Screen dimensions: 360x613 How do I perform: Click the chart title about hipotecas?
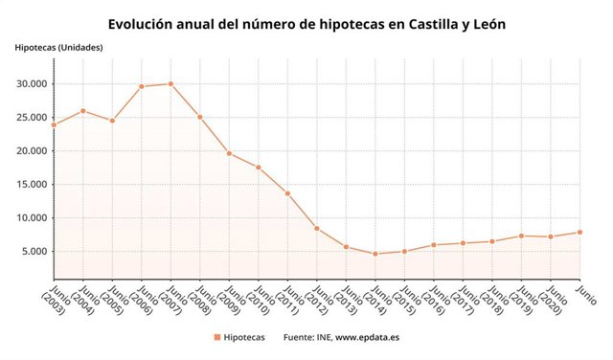tap(306, 23)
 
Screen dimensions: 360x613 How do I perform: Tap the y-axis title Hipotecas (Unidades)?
tap(58, 47)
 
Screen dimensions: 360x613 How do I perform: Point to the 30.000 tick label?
tap(31, 84)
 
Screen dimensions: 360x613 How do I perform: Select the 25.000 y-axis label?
tap(31, 118)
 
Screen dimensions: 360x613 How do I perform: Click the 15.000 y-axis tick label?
tap(31, 185)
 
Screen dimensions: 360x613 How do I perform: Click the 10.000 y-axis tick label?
tap(31, 218)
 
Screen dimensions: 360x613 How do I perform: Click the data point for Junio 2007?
tap(170, 83)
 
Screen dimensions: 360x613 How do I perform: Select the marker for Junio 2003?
tap(54, 124)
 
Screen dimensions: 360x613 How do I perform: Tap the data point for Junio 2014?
tap(375, 254)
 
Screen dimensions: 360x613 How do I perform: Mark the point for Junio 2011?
tap(287, 193)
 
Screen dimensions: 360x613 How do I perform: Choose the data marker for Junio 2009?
tap(229, 153)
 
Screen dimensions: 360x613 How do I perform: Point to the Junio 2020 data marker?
tap(551, 236)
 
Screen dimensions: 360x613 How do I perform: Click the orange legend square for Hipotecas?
tap(217, 337)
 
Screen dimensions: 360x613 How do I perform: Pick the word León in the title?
tap(484, 23)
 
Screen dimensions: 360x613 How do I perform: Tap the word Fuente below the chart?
tap(300, 337)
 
